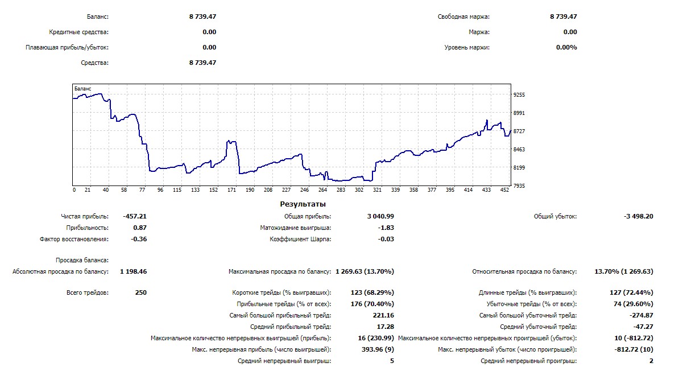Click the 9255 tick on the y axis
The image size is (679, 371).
tap(520, 95)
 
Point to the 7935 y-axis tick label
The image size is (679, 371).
tap(520, 186)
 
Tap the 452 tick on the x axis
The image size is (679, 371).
tap(504, 190)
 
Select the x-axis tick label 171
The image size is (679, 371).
tap(231, 190)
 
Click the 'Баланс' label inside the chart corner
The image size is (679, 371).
tap(82, 89)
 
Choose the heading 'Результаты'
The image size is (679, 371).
tap(303, 204)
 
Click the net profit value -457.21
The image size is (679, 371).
tap(135, 216)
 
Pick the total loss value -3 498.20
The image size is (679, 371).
tap(639, 216)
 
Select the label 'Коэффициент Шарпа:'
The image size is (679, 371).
tap(300, 239)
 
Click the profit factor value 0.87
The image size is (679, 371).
tap(139, 228)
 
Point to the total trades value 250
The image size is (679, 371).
tap(140, 292)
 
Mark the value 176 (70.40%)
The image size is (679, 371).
tap(372, 304)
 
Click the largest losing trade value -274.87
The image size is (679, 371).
tap(641, 315)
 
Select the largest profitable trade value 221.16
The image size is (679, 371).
tap(383, 315)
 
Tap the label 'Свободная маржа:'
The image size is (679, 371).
tap(463, 17)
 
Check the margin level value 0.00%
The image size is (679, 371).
tap(566, 47)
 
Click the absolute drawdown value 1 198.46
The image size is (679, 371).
tap(133, 271)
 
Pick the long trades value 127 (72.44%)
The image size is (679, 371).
tap(631, 292)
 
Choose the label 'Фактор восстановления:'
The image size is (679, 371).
tap(74, 239)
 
